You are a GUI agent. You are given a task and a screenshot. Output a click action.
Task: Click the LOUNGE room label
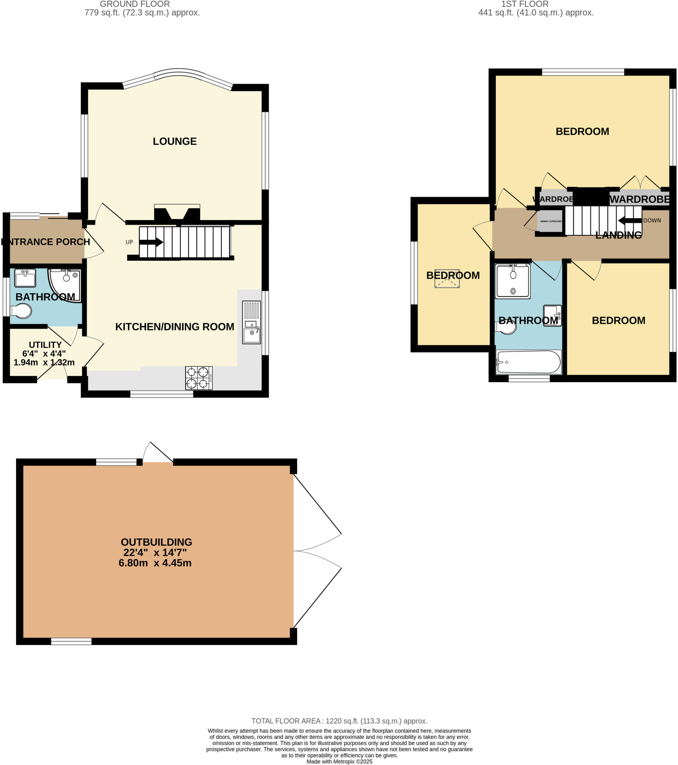tap(174, 141)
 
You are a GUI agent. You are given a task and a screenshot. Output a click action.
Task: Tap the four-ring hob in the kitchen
tap(199, 378)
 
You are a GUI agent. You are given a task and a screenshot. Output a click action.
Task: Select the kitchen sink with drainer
tap(251, 322)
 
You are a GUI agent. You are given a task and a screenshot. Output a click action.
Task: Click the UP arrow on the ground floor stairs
tap(151, 242)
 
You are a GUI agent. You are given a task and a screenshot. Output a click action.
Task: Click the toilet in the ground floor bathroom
tap(21, 311)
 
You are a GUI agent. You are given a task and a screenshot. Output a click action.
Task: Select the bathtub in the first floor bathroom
tap(528, 362)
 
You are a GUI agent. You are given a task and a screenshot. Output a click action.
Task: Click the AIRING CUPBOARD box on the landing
tap(550, 221)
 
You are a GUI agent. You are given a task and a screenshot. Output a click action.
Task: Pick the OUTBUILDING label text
tap(156, 542)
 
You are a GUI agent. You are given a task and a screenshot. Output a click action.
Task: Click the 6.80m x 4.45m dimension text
tap(155, 563)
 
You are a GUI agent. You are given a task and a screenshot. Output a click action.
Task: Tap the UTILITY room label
tap(45, 345)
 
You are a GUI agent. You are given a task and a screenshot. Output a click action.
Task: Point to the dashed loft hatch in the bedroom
tap(447, 278)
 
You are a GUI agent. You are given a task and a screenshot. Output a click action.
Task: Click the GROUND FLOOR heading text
tap(135, 4)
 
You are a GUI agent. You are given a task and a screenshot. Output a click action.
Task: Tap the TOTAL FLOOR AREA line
tap(339, 721)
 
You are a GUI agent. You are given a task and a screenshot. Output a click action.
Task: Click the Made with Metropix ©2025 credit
tap(339, 761)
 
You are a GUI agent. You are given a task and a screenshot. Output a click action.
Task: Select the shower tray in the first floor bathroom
tap(512, 281)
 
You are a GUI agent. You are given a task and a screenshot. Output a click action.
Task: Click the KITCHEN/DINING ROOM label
tap(174, 326)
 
